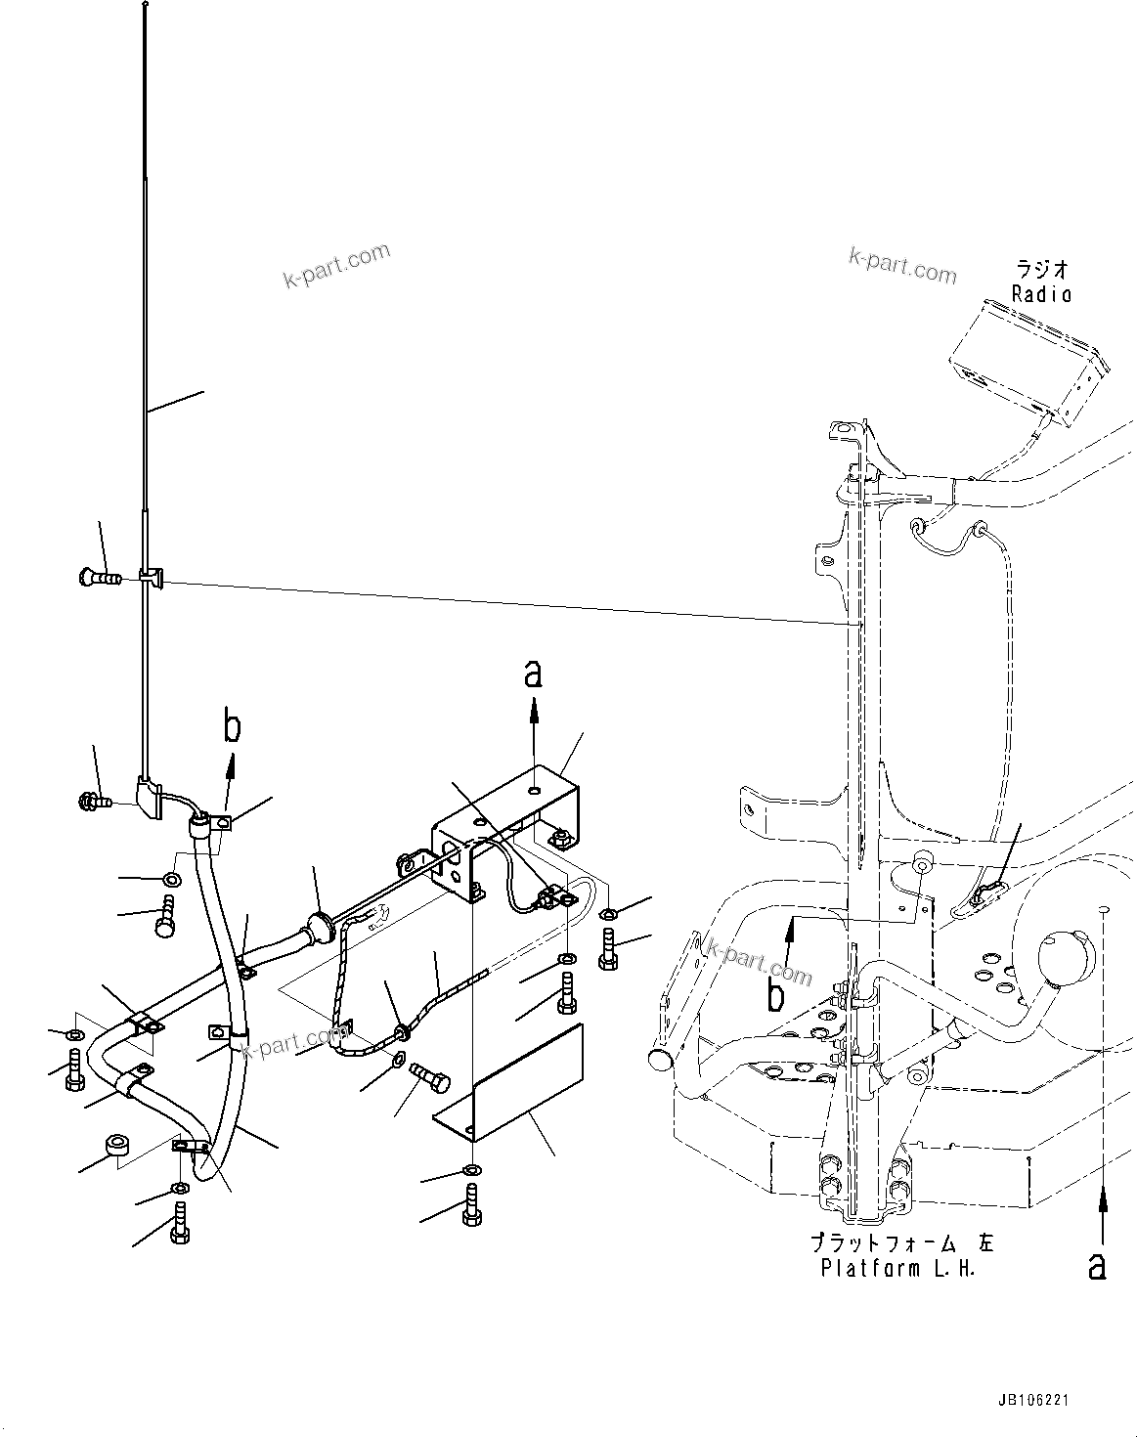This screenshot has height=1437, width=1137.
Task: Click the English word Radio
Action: click(x=1041, y=293)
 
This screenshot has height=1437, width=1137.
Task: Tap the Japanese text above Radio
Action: click(x=1041, y=268)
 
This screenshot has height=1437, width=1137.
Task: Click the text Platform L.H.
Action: click(x=896, y=1269)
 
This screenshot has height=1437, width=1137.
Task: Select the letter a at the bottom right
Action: click(x=1098, y=1266)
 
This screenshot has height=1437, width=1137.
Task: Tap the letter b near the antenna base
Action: click(x=232, y=727)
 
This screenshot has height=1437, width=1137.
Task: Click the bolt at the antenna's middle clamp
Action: click(x=96, y=578)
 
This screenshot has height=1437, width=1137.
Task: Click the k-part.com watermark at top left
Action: click(x=336, y=266)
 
